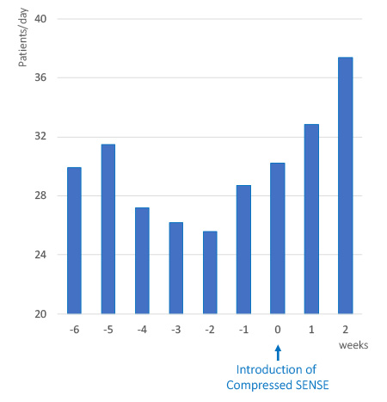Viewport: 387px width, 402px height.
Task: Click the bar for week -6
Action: point(74,240)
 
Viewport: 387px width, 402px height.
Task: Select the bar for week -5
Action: point(108,229)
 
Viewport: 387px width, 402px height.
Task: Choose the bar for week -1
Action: point(243,249)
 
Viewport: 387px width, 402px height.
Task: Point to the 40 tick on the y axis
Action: point(40,19)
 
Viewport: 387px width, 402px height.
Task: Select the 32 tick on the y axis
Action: point(40,137)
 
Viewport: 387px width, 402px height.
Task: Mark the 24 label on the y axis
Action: point(40,255)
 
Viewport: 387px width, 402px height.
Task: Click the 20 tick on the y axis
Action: point(40,314)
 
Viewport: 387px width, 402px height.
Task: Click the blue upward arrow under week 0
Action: point(278,352)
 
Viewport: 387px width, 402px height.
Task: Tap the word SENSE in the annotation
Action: point(306,385)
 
